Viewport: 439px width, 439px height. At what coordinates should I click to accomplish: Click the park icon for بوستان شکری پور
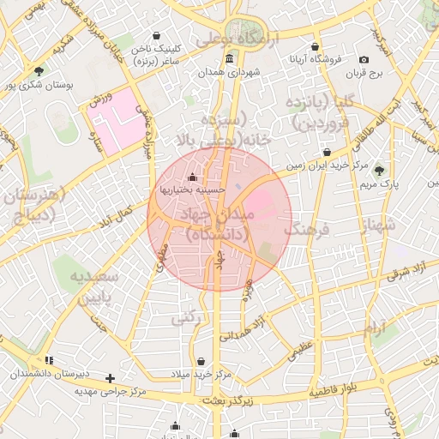(38, 71)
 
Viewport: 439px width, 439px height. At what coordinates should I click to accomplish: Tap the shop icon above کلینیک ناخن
(156, 36)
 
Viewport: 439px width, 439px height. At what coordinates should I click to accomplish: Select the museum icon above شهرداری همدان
(229, 58)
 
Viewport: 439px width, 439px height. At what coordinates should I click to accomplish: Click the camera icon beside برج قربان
(364, 59)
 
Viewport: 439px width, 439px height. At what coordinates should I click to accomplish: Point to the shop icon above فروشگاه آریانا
(315, 46)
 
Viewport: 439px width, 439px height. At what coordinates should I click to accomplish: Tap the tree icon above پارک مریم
(379, 171)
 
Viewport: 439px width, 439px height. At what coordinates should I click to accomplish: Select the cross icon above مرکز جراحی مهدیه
(110, 377)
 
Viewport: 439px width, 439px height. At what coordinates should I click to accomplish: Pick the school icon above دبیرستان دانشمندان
(49, 360)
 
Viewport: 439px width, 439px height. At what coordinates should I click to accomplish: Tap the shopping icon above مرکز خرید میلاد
(201, 361)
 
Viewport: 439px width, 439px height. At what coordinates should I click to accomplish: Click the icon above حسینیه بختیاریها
(190, 177)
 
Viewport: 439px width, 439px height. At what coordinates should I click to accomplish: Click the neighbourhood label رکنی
(185, 317)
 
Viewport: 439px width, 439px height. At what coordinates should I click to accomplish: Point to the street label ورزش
(100, 101)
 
